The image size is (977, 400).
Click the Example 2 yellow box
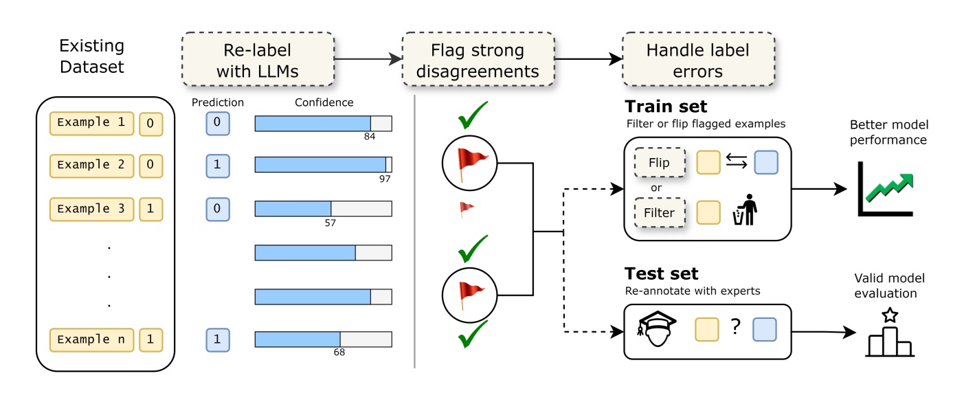pos(92,165)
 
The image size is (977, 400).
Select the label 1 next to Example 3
pos(150,209)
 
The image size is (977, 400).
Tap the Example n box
pos(92,340)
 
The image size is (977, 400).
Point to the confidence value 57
pos(330,223)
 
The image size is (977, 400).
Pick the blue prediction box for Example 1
pos(217,123)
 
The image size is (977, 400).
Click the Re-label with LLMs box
pos(258,61)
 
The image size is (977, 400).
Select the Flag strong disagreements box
pos(478,61)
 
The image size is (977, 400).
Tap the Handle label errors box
pos(698,61)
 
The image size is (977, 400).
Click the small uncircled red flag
pos(467,209)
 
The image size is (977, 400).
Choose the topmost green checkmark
pos(473,116)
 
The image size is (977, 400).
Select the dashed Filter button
pos(659,212)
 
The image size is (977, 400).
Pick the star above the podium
pos(890,315)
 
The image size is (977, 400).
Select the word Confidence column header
pos(324,103)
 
